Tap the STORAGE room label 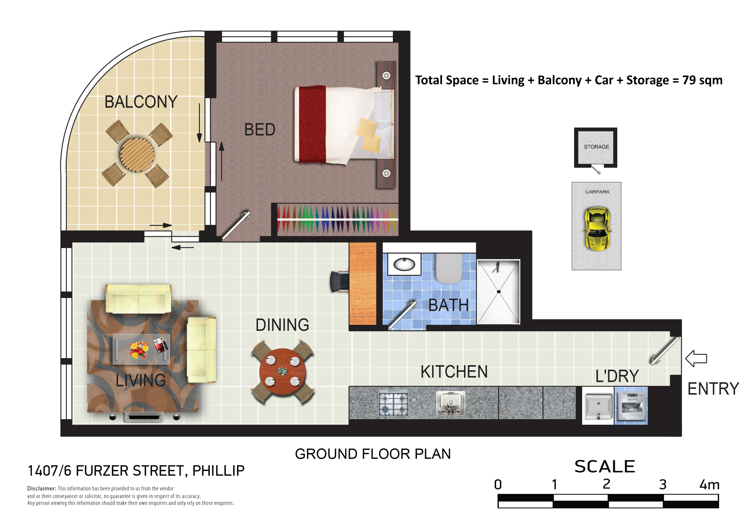pyautogui.click(x=596, y=147)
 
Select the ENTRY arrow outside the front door pyautogui.click(x=696, y=359)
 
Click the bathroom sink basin pyautogui.click(x=404, y=264)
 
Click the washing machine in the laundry pyautogui.click(x=631, y=406)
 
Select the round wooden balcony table pyautogui.click(x=137, y=154)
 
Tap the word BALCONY pyautogui.click(x=141, y=102)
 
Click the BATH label pyautogui.click(x=448, y=305)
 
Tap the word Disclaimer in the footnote pyautogui.click(x=42, y=489)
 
